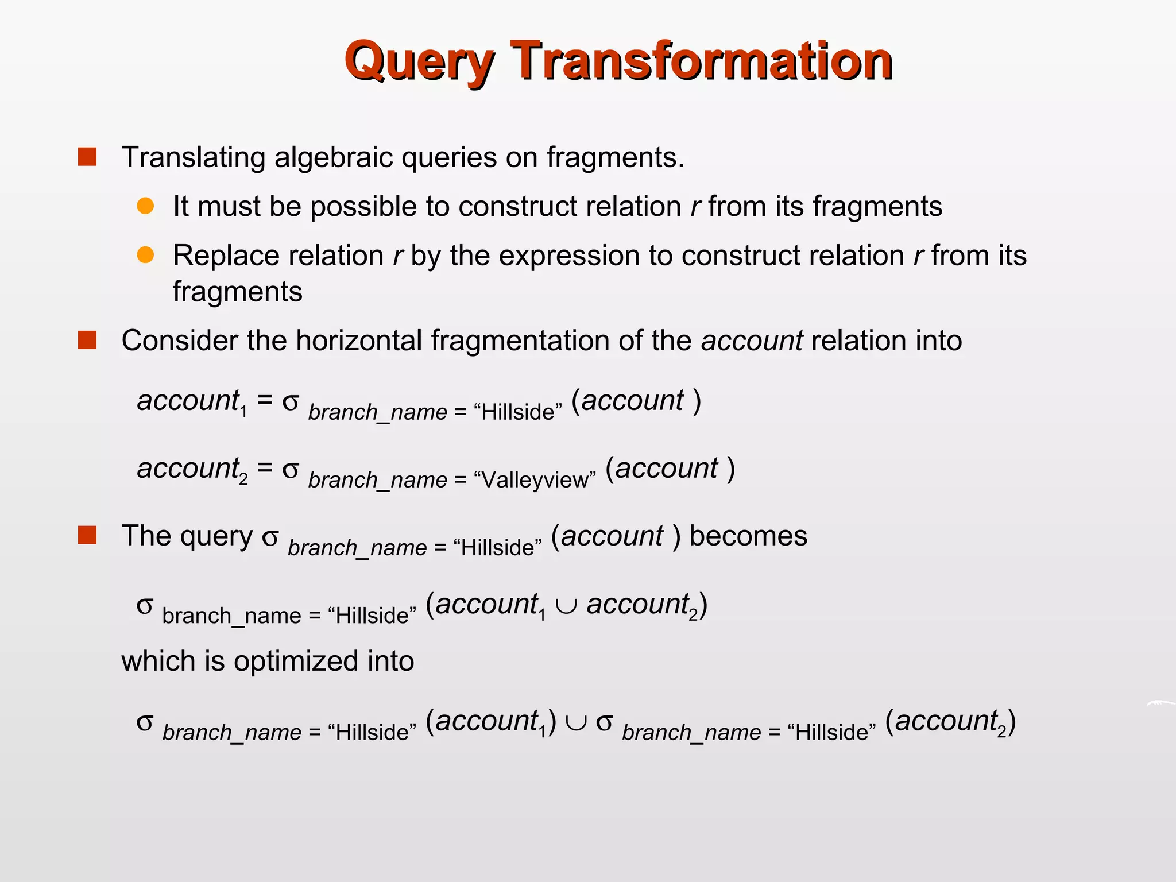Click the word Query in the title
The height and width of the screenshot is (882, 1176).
pos(419,62)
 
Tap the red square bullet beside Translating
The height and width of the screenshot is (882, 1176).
pos(87,157)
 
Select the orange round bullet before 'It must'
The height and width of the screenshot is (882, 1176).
pos(145,206)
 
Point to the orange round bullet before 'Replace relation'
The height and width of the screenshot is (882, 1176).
pos(145,255)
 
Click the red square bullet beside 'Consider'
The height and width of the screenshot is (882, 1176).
pos(87,340)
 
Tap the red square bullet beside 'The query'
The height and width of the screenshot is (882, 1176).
pos(87,535)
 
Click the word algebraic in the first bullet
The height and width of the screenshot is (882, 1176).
pos(334,157)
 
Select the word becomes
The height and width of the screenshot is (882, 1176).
pos(748,536)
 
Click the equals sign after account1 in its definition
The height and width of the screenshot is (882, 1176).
pos(265,400)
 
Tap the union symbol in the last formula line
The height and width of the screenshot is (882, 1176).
pos(576,723)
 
